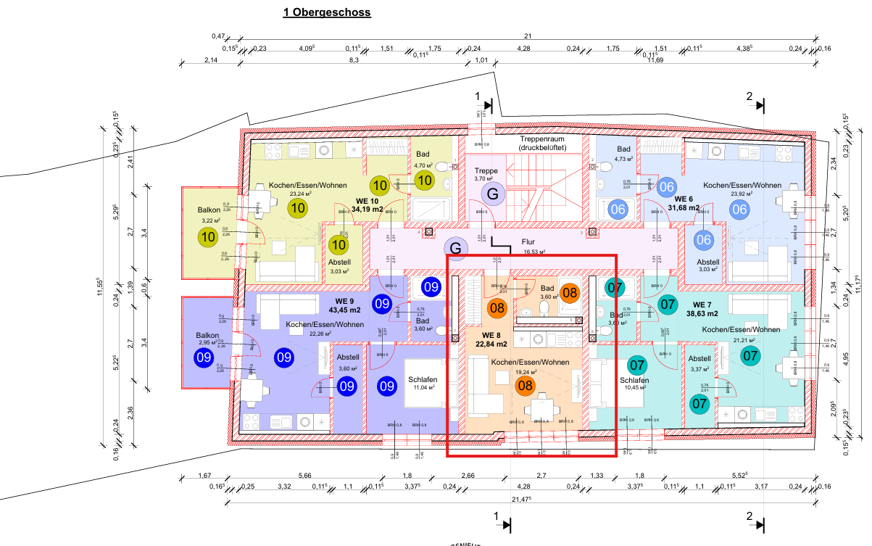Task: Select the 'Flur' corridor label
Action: coord(528,244)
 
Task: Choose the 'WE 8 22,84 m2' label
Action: coord(491,340)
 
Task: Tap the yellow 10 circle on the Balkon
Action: coord(208,236)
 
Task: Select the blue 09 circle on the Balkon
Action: coord(203,357)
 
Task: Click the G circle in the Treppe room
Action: coord(493,194)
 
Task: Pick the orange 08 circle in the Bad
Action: coord(570,294)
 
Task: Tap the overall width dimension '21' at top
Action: coord(528,37)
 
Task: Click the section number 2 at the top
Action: coord(749,96)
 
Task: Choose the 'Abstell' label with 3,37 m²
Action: coord(699,359)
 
